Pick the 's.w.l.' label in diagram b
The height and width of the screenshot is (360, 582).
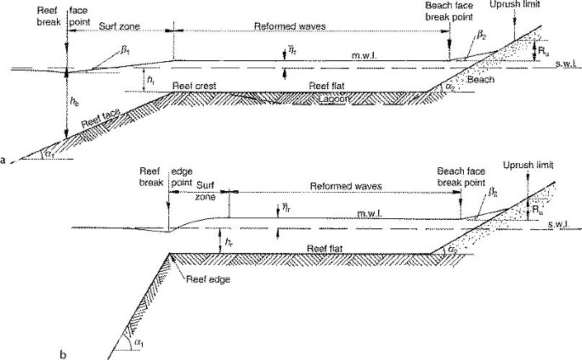(562, 224)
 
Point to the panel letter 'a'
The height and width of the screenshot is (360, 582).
(6, 160)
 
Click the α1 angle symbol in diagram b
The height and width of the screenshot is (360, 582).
(138, 340)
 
